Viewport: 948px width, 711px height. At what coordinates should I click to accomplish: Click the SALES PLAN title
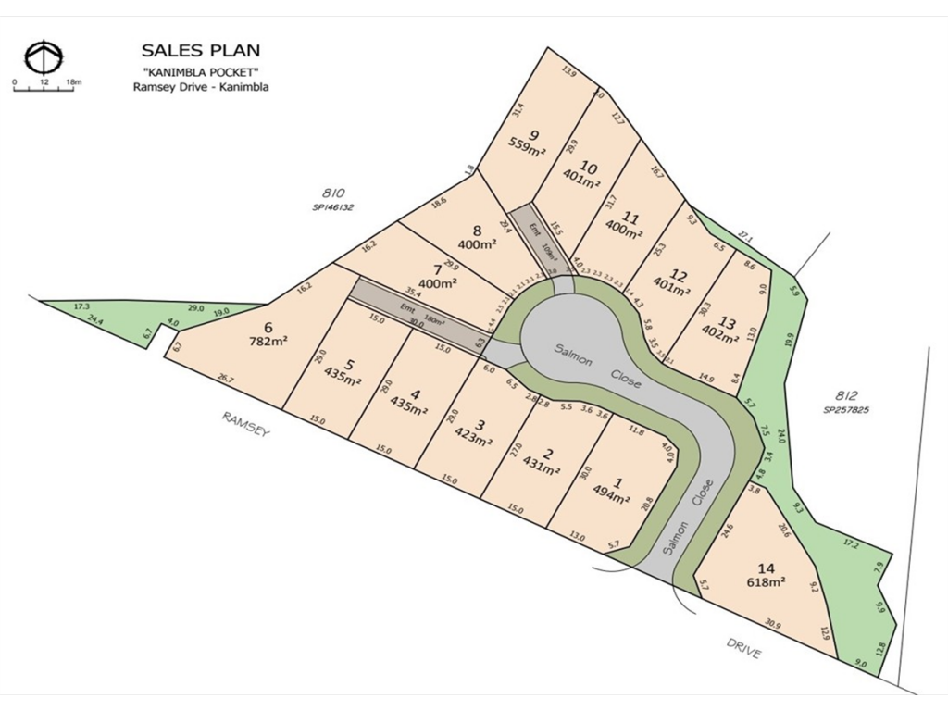pyautogui.click(x=200, y=50)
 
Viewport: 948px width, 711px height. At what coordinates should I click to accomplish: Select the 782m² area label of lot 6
pyautogui.click(x=269, y=341)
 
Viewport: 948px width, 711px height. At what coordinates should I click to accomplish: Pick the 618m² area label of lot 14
pyautogui.click(x=766, y=582)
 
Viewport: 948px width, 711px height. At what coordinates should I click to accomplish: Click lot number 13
pyautogui.click(x=728, y=323)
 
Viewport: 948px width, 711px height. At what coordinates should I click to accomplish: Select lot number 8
pyautogui.click(x=478, y=231)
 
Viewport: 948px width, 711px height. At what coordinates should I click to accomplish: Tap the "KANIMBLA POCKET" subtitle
pyautogui.click(x=200, y=71)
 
